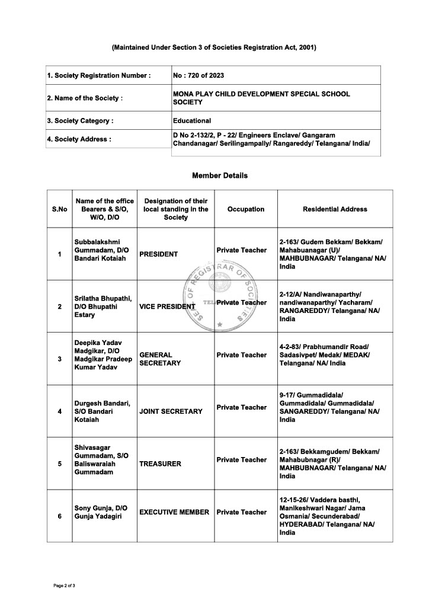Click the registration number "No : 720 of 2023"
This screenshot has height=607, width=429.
click(199, 75)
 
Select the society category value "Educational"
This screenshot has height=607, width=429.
click(191, 120)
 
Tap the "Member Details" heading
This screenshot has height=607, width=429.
click(220, 175)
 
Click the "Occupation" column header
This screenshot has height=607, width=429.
click(246, 209)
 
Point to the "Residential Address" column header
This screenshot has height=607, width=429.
click(335, 209)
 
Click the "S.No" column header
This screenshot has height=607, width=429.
click(59, 209)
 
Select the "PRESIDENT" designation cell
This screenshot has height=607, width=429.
click(158, 254)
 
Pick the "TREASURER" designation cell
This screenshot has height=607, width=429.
click(160, 464)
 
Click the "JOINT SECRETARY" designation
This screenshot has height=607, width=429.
click(171, 411)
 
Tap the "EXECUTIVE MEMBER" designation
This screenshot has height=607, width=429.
click(174, 512)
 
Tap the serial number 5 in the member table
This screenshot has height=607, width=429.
click(59, 464)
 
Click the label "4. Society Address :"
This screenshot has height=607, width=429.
click(79, 139)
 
